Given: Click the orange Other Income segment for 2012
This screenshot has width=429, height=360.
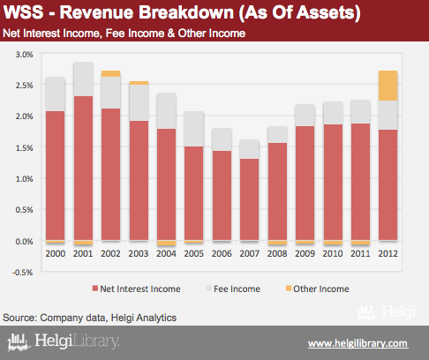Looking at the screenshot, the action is click(x=388, y=86).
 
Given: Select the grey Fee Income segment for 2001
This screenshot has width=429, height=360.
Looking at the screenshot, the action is click(x=83, y=79).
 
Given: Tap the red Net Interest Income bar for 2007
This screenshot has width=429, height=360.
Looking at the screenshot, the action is click(x=250, y=199).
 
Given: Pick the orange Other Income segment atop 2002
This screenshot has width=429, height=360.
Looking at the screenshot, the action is click(x=110, y=73).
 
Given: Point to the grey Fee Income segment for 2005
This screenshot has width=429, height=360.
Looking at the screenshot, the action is click(x=193, y=129).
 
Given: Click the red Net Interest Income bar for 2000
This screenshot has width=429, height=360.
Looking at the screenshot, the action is click(x=56, y=176).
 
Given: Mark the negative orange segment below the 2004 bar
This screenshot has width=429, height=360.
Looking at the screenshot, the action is click(x=166, y=243).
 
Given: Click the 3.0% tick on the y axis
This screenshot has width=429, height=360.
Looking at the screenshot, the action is click(x=25, y=55).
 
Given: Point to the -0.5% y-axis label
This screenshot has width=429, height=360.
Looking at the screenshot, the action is click(x=23, y=272).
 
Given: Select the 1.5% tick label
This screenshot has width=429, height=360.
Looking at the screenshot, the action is click(x=25, y=147).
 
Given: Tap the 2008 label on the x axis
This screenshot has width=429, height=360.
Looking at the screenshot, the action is click(x=277, y=253).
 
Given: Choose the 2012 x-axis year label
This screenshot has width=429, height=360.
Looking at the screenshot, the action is click(x=388, y=253).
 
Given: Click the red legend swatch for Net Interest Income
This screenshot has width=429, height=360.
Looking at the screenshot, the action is click(x=95, y=289).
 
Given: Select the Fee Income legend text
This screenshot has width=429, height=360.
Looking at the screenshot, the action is click(x=237, y=289).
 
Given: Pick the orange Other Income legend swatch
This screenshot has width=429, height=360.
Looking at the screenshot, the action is click(x=289, y=289).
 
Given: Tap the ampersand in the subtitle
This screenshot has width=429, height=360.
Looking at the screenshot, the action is click(x=171, y=34).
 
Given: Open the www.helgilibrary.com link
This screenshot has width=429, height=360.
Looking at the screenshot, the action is click(x=358, y=343).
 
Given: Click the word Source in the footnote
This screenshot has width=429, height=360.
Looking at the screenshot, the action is click(x=19, y=318).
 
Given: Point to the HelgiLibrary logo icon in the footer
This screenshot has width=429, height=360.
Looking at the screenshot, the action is click(x=19, y=342).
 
